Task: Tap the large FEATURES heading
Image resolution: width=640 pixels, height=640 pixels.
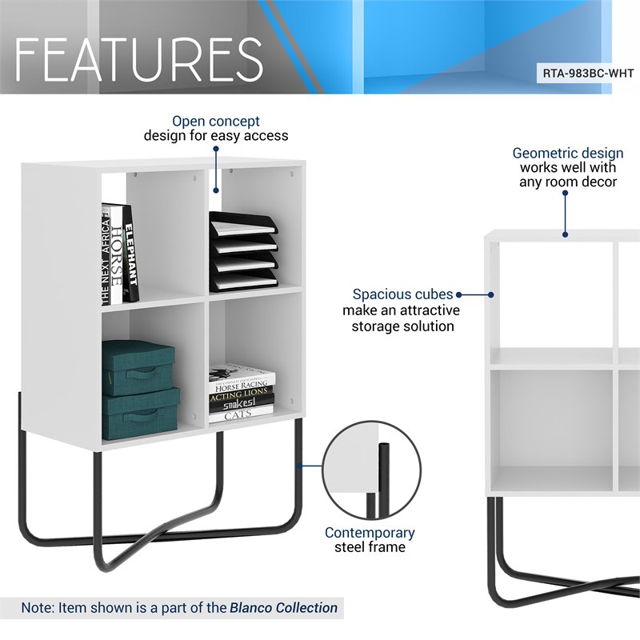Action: point(138,58)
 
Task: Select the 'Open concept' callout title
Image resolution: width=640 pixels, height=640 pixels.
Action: point(216,122)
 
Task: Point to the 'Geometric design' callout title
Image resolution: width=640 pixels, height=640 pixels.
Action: point(568,153)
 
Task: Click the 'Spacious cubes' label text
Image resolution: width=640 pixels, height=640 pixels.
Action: point(402,294)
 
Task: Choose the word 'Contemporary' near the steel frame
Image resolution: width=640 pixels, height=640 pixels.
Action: point(370,533)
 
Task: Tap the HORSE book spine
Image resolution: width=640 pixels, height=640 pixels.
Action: point(117,254)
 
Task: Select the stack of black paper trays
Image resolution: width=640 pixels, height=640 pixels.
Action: point(243,252)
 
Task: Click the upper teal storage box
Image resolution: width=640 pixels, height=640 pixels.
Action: point(138,367)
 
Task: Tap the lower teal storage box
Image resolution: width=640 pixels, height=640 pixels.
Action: point(140,413)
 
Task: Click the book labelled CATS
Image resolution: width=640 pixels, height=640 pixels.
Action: point(239,415)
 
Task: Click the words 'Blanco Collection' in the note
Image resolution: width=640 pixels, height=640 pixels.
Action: point(283,608)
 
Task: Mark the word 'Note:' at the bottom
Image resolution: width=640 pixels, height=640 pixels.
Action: point(38,608)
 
